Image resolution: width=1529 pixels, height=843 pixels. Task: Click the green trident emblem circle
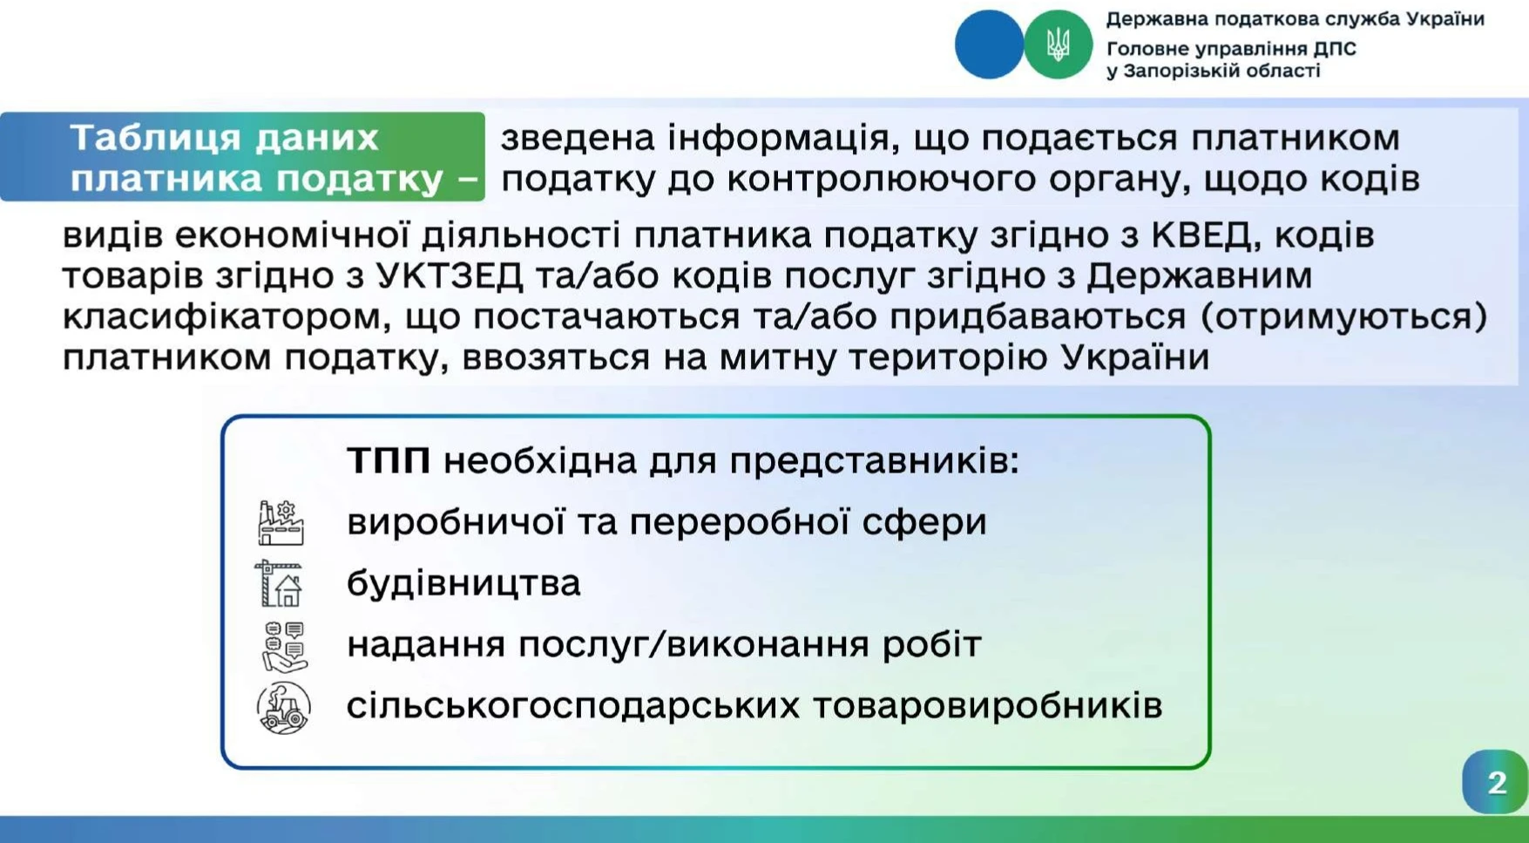tap(1058, 44)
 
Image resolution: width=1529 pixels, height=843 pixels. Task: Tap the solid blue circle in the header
tap(989, 44)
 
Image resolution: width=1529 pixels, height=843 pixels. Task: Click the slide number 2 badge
tap(1495, 782)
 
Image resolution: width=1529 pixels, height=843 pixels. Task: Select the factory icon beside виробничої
tap(281, 522)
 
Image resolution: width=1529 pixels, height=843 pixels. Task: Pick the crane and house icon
tap(280, 583)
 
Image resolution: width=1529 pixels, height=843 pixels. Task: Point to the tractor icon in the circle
tap(283, 707)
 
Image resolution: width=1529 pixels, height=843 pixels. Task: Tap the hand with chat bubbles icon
tap(284, 646)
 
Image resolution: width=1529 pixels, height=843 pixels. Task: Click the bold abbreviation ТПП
tap(389, 461)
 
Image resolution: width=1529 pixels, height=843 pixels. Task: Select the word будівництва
tap(463, 584)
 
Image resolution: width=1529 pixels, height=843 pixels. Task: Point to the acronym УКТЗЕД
tap(450, 276)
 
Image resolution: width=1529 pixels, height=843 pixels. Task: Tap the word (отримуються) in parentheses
tap(1344, 316)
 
